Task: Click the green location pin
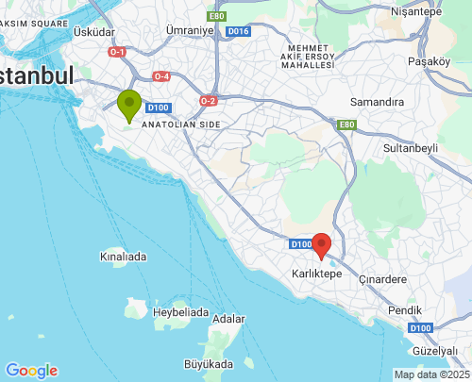[x=129, y=105]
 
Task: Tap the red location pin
[x=322, y=245]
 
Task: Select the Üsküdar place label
[x=93, y=31]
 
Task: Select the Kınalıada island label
[x=123, y=256]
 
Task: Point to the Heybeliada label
[x=180, y=311]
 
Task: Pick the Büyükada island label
[x=208, y=363]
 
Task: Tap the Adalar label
[x=229, y=319]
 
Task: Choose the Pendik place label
[x=404, y=309]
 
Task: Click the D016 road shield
[x=238, y=31]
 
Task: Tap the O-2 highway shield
[x=209, y=100]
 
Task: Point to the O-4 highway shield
[x=161, y=76]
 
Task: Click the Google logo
[x=31, y=371]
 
